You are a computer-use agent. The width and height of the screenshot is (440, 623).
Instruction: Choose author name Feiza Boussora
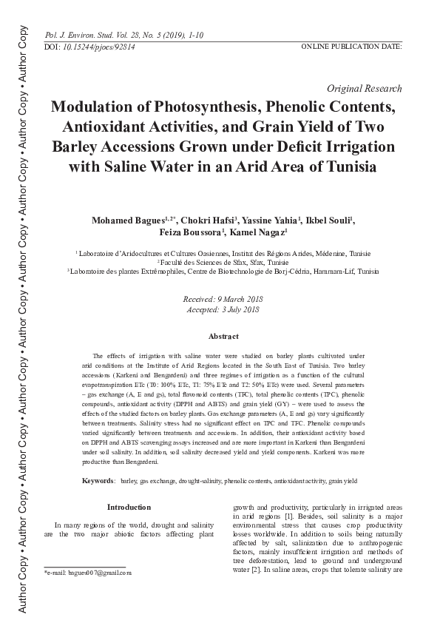(191, 233)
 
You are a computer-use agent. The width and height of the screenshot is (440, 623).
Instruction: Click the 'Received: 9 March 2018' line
(223, 298)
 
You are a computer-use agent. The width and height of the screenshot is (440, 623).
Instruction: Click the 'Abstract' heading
(223, 337)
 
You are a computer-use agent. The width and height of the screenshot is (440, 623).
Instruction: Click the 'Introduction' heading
(129, 508)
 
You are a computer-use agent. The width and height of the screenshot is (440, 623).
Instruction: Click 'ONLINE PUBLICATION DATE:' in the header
(351, 46)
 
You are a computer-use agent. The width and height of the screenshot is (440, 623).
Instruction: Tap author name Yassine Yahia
(276, 220)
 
